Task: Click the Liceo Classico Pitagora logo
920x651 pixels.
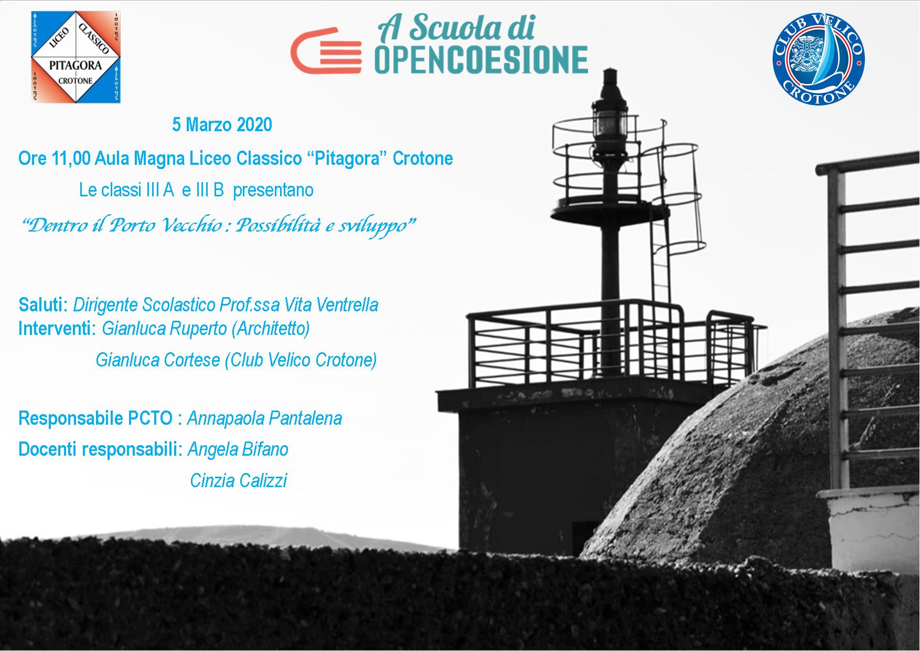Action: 76,57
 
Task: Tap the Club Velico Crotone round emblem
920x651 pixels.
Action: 819,61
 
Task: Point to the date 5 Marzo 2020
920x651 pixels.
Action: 222,125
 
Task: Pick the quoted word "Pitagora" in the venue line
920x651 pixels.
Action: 346,158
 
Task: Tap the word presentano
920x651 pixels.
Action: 273,190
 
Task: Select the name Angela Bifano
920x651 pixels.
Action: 238,449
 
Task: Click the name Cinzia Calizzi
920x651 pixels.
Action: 239,480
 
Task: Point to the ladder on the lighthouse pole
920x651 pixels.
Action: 660,262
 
